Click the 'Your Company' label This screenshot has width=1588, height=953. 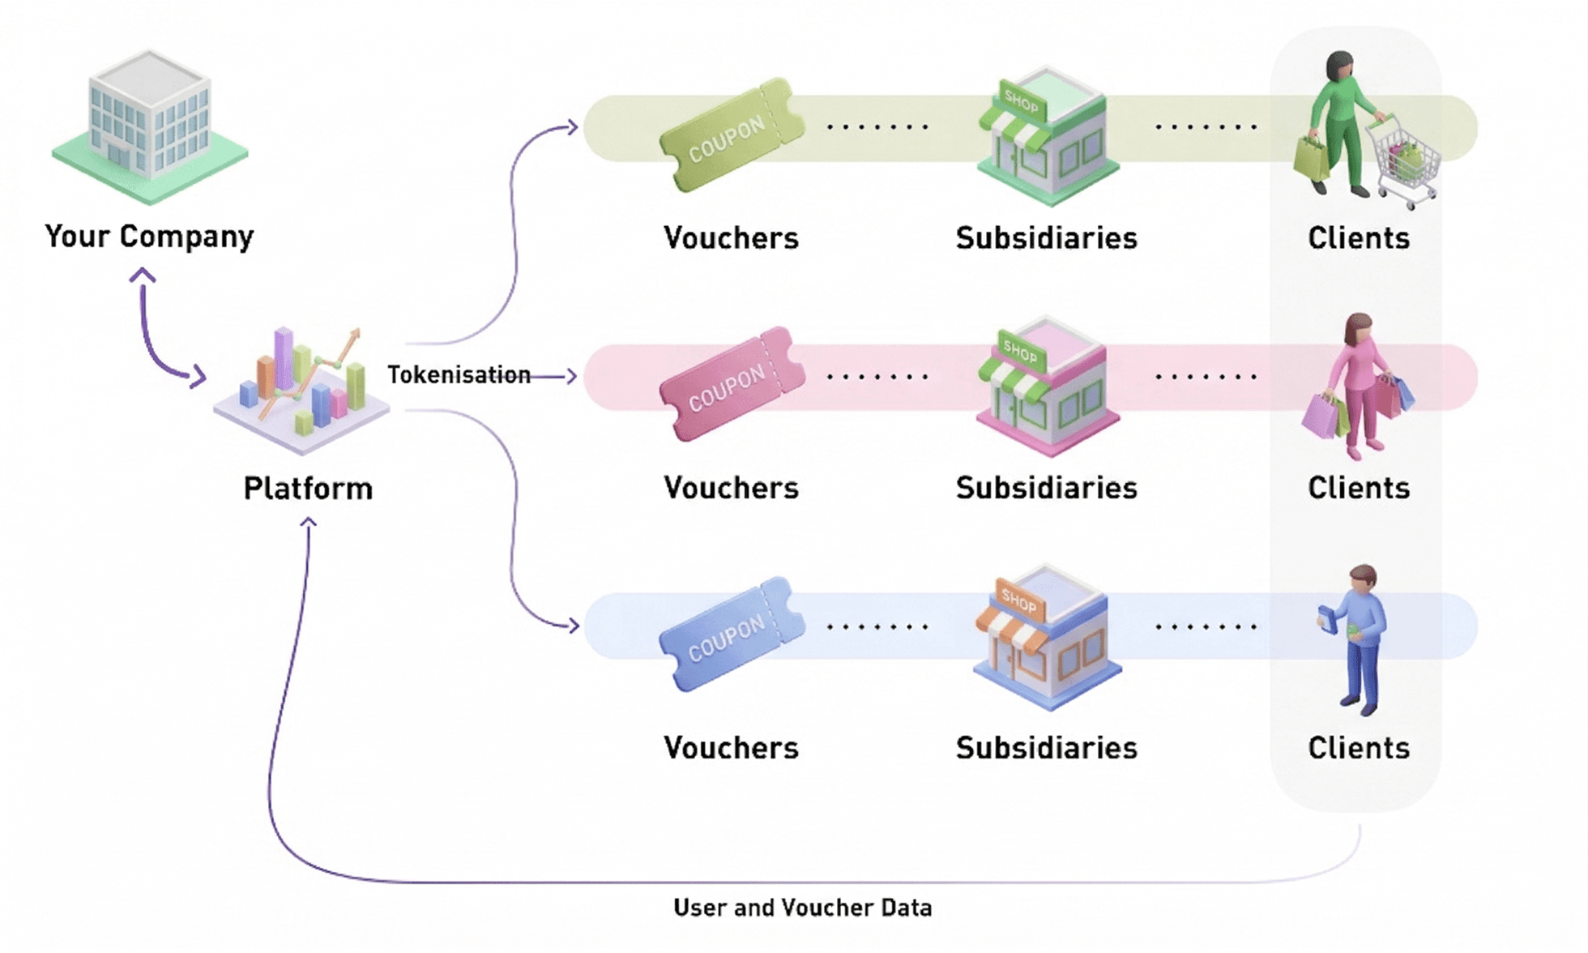tap(149, 237)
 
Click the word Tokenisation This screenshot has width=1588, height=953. tap(459, 375)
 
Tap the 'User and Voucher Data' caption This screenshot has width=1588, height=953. tap(802, 908)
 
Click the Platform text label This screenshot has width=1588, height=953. tap(308, 489)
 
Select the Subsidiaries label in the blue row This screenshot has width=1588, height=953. tap(1046, 748)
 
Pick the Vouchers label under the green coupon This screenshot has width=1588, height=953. tap(731, 238)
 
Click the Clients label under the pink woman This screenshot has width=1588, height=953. tap(1359, 488)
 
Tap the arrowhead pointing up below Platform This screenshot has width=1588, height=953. tap(308, 523)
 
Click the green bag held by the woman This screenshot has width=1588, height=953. tap(1310, 158)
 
